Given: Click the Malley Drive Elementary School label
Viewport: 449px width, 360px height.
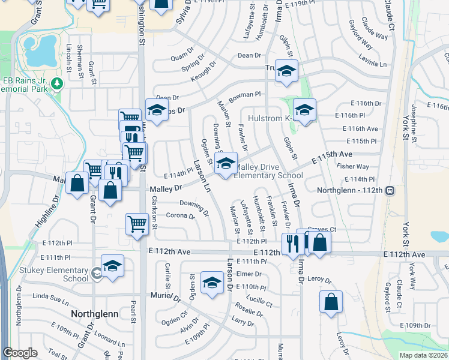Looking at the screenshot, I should tap(268, 171).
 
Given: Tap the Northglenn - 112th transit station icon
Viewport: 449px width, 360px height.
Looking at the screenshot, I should tap(390, 190).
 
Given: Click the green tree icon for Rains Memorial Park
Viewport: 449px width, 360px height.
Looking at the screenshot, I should tap(58, 83).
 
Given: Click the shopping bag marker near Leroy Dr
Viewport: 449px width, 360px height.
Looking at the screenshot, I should tap(331, 302).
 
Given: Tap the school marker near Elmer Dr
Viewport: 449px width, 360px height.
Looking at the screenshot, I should tap(211, 283).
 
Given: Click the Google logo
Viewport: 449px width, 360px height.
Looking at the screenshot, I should tap(20, 353).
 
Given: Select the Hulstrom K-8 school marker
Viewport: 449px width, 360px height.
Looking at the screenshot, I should tap(304, 110).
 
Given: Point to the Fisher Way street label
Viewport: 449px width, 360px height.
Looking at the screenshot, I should tap(353, 166).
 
